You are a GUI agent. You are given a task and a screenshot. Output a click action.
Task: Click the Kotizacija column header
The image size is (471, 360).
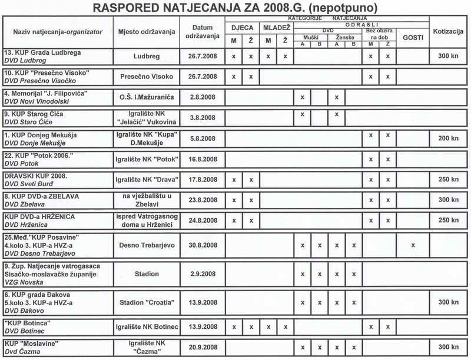click(448, 31)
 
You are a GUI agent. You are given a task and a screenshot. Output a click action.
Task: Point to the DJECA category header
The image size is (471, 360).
click(242, 27)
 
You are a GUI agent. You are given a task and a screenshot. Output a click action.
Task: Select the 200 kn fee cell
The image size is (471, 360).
click(448, 138)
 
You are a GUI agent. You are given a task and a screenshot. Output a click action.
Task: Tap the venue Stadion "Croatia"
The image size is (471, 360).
click(147, 303)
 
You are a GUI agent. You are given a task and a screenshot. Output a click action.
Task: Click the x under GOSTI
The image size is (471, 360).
click(413, 245)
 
